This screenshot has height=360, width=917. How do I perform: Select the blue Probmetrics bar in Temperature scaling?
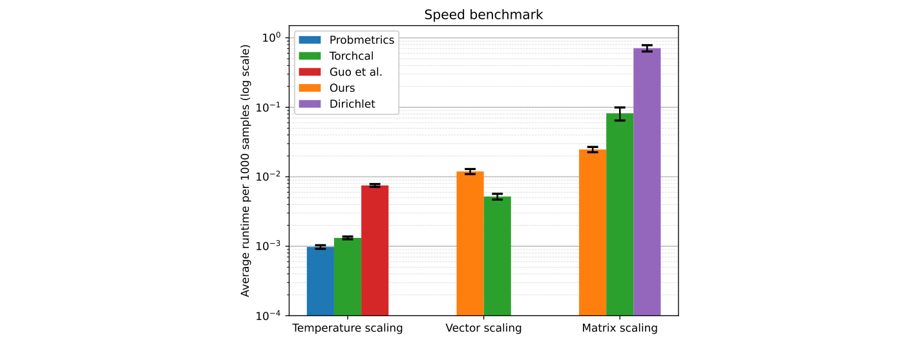(320, 281)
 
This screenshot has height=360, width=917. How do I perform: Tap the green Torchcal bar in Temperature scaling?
(348, 277)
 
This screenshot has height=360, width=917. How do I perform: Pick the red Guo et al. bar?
(375, 251)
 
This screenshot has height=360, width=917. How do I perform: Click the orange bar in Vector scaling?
(470, 244)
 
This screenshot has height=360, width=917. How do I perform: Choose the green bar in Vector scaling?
(497, 256)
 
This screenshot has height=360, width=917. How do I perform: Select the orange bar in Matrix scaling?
(593, 233)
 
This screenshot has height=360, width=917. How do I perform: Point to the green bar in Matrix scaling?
(620, 215)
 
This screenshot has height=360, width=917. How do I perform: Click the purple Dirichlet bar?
(647, 182)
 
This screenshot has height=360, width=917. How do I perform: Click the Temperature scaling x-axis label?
(348, 328)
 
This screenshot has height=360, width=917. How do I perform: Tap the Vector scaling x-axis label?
(483, 328)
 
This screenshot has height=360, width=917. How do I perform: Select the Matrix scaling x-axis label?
(620, 328)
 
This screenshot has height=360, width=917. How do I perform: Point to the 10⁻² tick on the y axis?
(269, 176)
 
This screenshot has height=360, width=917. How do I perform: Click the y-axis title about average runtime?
(246, 171)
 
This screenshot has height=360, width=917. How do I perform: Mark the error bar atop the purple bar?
(647, 48)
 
